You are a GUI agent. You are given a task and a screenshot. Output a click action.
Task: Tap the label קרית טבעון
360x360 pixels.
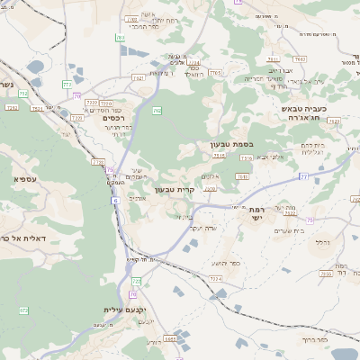[175, 190]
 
